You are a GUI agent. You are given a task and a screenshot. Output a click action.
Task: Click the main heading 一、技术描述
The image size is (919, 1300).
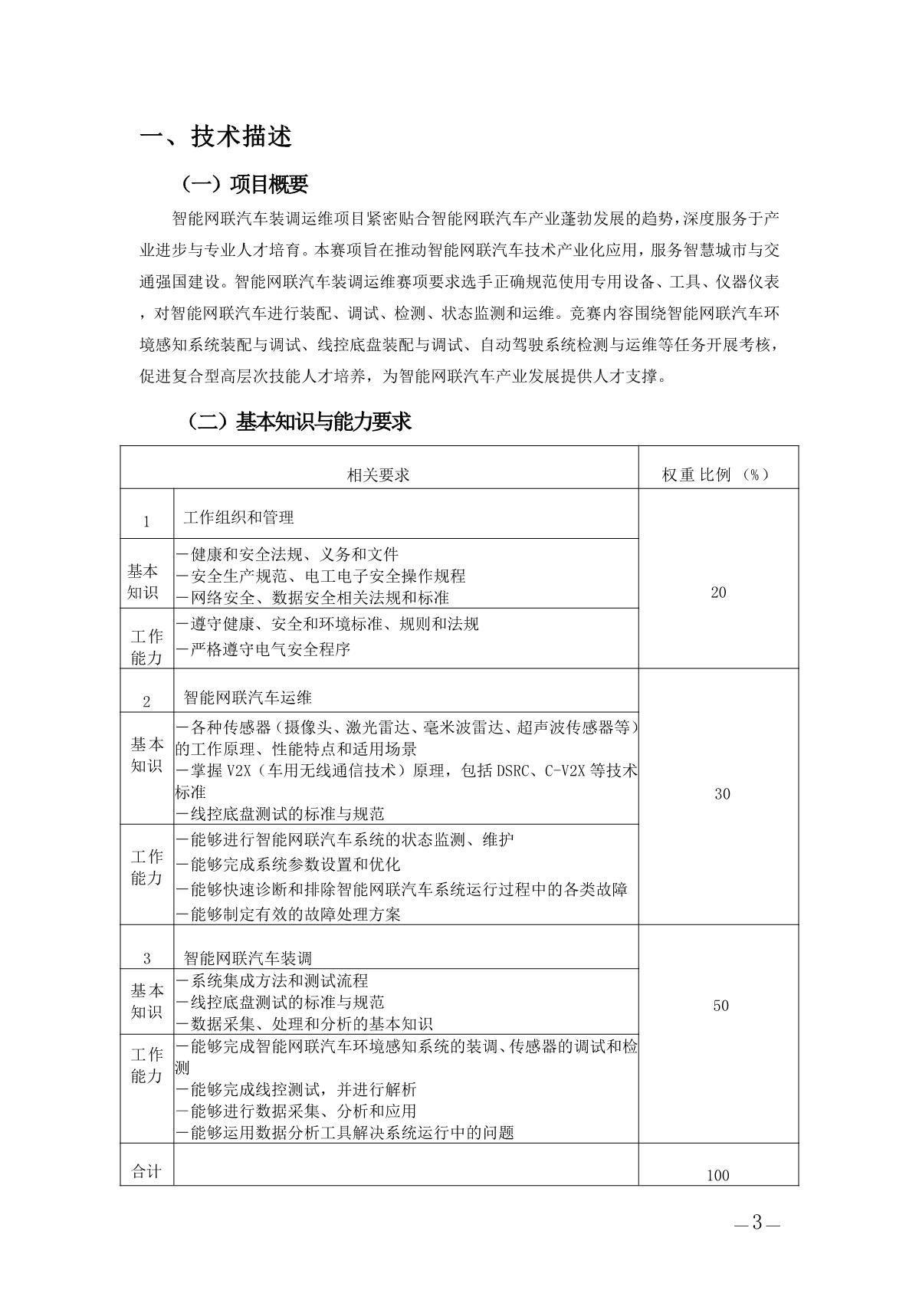click(216, 136)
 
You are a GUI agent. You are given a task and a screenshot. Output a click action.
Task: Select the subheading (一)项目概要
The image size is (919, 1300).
click(244, 184)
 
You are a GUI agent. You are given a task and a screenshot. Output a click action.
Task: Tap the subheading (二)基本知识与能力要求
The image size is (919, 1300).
click(299, 422)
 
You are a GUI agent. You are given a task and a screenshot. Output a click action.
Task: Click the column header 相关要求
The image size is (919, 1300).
click(379, 474)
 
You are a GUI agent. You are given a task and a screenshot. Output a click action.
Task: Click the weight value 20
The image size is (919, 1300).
click(718, 592)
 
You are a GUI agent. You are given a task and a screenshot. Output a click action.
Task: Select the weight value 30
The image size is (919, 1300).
click(722, 793)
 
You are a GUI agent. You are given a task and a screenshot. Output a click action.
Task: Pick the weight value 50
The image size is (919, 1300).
click(720, 1005)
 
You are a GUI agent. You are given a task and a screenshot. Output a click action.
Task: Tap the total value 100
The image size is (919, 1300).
click(718, 1175)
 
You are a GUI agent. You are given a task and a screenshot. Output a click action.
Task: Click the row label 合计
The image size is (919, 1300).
click(146, 1171)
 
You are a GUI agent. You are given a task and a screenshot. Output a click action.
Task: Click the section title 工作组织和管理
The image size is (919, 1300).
click(238, 517)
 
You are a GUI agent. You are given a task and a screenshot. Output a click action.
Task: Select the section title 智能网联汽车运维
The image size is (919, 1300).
click(248, 698)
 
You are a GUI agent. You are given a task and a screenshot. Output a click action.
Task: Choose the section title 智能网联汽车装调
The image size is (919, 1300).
click(248, 957)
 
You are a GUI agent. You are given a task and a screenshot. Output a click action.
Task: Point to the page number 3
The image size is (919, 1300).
click(757, 1223)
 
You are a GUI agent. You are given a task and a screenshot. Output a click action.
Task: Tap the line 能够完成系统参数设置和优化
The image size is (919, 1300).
click(288, 864)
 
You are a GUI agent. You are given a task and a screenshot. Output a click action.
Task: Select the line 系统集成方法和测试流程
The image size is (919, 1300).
click(272, 980)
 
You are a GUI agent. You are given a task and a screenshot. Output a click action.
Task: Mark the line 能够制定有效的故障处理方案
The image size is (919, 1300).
click(288, 914)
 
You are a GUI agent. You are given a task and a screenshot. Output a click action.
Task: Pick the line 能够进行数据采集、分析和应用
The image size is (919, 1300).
click(296, 1111)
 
